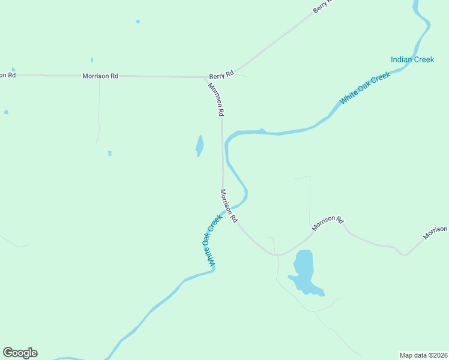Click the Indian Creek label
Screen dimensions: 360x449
coord(412,59)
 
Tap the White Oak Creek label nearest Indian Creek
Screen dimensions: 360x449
coord(365,88)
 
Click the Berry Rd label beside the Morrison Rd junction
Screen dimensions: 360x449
coord(220,76)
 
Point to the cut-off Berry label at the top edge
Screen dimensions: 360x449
coord(322,7)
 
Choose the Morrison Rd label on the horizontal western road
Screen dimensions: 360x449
coord(100,76)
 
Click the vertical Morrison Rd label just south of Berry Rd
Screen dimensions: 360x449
coord(216,99)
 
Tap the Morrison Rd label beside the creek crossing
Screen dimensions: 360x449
coord(229,206)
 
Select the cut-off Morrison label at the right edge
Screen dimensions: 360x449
coord(435,233)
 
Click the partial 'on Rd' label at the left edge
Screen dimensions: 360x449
coord(7,75)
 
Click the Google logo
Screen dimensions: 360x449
coord(20,353)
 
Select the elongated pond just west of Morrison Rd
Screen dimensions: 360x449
coord(199,145)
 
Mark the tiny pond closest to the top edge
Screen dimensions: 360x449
coord(137,22)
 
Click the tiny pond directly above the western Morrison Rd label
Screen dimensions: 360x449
coord(92,60)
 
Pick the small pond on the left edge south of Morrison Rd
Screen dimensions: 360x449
coord(6,112)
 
